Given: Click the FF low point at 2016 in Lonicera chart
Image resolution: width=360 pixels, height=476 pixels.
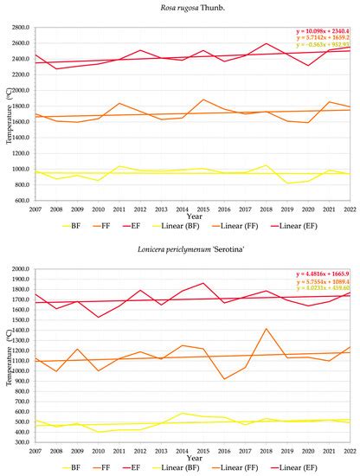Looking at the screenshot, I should [x=225, y=379].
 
